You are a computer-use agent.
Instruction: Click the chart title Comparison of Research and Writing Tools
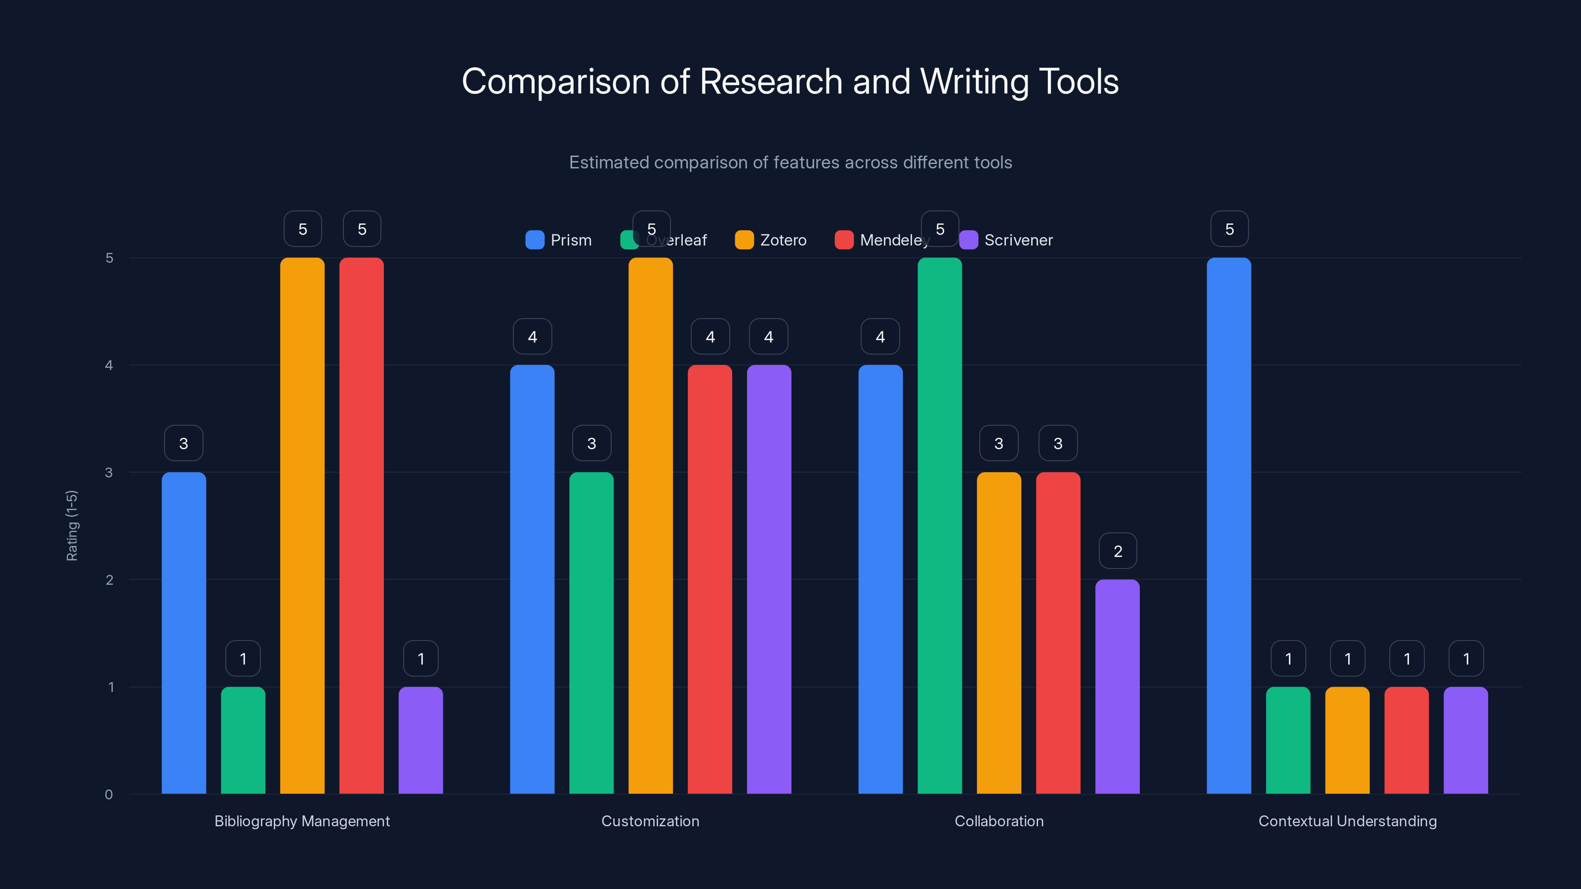790,81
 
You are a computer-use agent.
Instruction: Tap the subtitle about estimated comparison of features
790,162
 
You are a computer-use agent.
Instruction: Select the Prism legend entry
558,240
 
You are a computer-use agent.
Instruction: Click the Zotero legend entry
771,240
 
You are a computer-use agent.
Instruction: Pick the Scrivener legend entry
1006,240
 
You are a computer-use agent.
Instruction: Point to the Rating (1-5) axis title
72,525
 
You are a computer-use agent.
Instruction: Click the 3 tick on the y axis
109,473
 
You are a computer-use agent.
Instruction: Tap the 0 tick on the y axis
109,795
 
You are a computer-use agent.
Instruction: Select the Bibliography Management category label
302,821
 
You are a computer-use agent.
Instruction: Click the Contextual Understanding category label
1347,821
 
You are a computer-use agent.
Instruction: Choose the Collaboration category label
999,821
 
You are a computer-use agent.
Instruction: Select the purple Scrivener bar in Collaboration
1117,687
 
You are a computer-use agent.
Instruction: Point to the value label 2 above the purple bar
1118,551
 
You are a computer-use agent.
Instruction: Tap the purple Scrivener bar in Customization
769,579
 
